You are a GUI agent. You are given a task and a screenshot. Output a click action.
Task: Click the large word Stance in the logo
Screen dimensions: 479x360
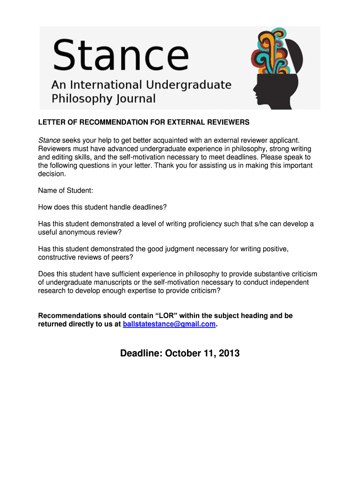click(121, 55)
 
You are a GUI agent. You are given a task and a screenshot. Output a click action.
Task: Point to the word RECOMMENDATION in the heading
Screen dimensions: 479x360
click(104, 122)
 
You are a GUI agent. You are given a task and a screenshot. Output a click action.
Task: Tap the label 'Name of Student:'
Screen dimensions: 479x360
click(65, 190)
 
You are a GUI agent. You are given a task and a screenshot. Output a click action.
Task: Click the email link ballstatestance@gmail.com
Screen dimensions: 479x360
click(169, 324)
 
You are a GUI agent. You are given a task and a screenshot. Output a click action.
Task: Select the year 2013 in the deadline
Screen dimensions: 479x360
click(228, 353)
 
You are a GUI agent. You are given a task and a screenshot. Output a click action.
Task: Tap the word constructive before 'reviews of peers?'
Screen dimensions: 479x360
click(58, 257)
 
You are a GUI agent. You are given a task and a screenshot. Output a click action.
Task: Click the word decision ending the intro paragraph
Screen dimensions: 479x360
click(51, 174)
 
